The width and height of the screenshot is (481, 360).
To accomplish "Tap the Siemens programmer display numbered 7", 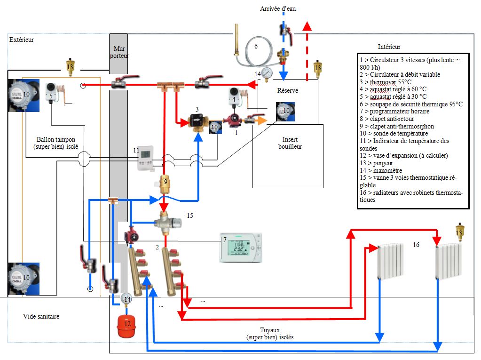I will (x=240, y=247).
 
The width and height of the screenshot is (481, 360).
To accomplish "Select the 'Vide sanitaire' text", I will (x=41, y=317).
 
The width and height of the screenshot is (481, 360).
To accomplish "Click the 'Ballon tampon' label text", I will (x=55, y=139).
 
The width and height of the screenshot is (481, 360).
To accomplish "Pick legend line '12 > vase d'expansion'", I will (x=403, y=155).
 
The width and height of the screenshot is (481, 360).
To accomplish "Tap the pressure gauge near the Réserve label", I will (x=268, y=73).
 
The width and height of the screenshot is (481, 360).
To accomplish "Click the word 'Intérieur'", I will (x=389, y=47).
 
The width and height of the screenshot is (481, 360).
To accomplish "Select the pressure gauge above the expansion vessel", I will (x=126, y=298).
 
